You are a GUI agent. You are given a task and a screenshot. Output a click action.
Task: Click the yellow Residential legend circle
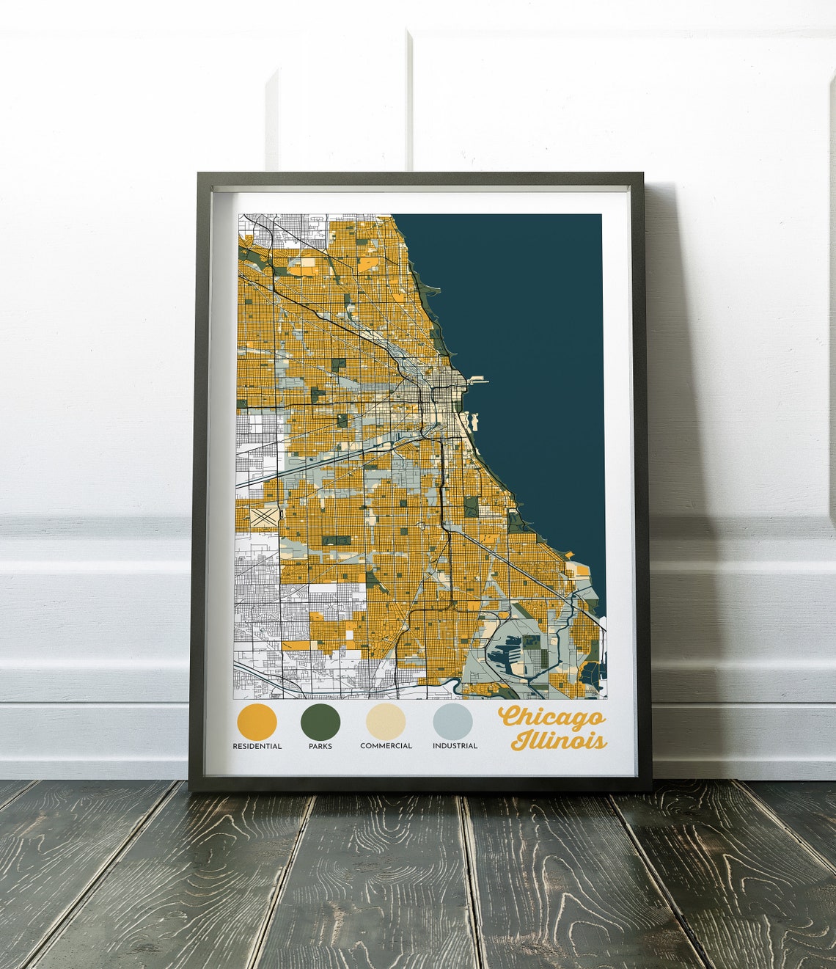pyautogui.click(x=257, y=721)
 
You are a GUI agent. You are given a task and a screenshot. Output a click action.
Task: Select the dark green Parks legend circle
pyautogui.click(x=320, y=721)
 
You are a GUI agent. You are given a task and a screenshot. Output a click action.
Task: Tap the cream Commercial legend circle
pyautogui.click(x=386, y=721)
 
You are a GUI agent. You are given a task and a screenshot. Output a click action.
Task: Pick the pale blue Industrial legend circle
pyautogui.click(x=452, y=721)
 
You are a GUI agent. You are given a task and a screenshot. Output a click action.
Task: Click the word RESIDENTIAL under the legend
pyautogui.click(x=257, y=746)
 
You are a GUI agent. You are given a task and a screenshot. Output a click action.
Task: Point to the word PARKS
pyautogui.click(x=320, y=746)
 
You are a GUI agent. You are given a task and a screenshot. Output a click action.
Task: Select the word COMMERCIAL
pyautogui.click(x=386, y=746)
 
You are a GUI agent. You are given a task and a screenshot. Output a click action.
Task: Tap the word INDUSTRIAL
pyautogui.click(x=455, y=746)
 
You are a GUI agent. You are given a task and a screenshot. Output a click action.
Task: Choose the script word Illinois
pyautogui.click(x=560, y=741)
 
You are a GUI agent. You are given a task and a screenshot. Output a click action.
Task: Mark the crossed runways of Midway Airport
pyautogui.click(x=265, y=516)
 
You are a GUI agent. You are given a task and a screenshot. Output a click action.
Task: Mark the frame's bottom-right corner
pyautogui.click(x=650, y=789)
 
